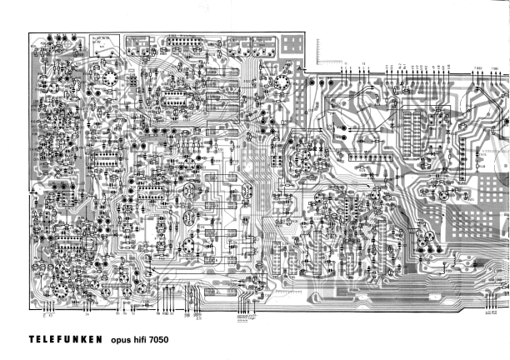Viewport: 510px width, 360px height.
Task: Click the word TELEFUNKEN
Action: pyautogui.click(x=65, y=339)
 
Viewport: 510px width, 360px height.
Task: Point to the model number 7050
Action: pyautogui.click(x=171, y=339)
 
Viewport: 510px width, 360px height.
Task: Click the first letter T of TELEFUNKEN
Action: pyautogui.click(x=32, y=339)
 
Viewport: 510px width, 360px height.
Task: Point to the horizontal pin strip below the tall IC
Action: pyautogui.click(x=370, y=156)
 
